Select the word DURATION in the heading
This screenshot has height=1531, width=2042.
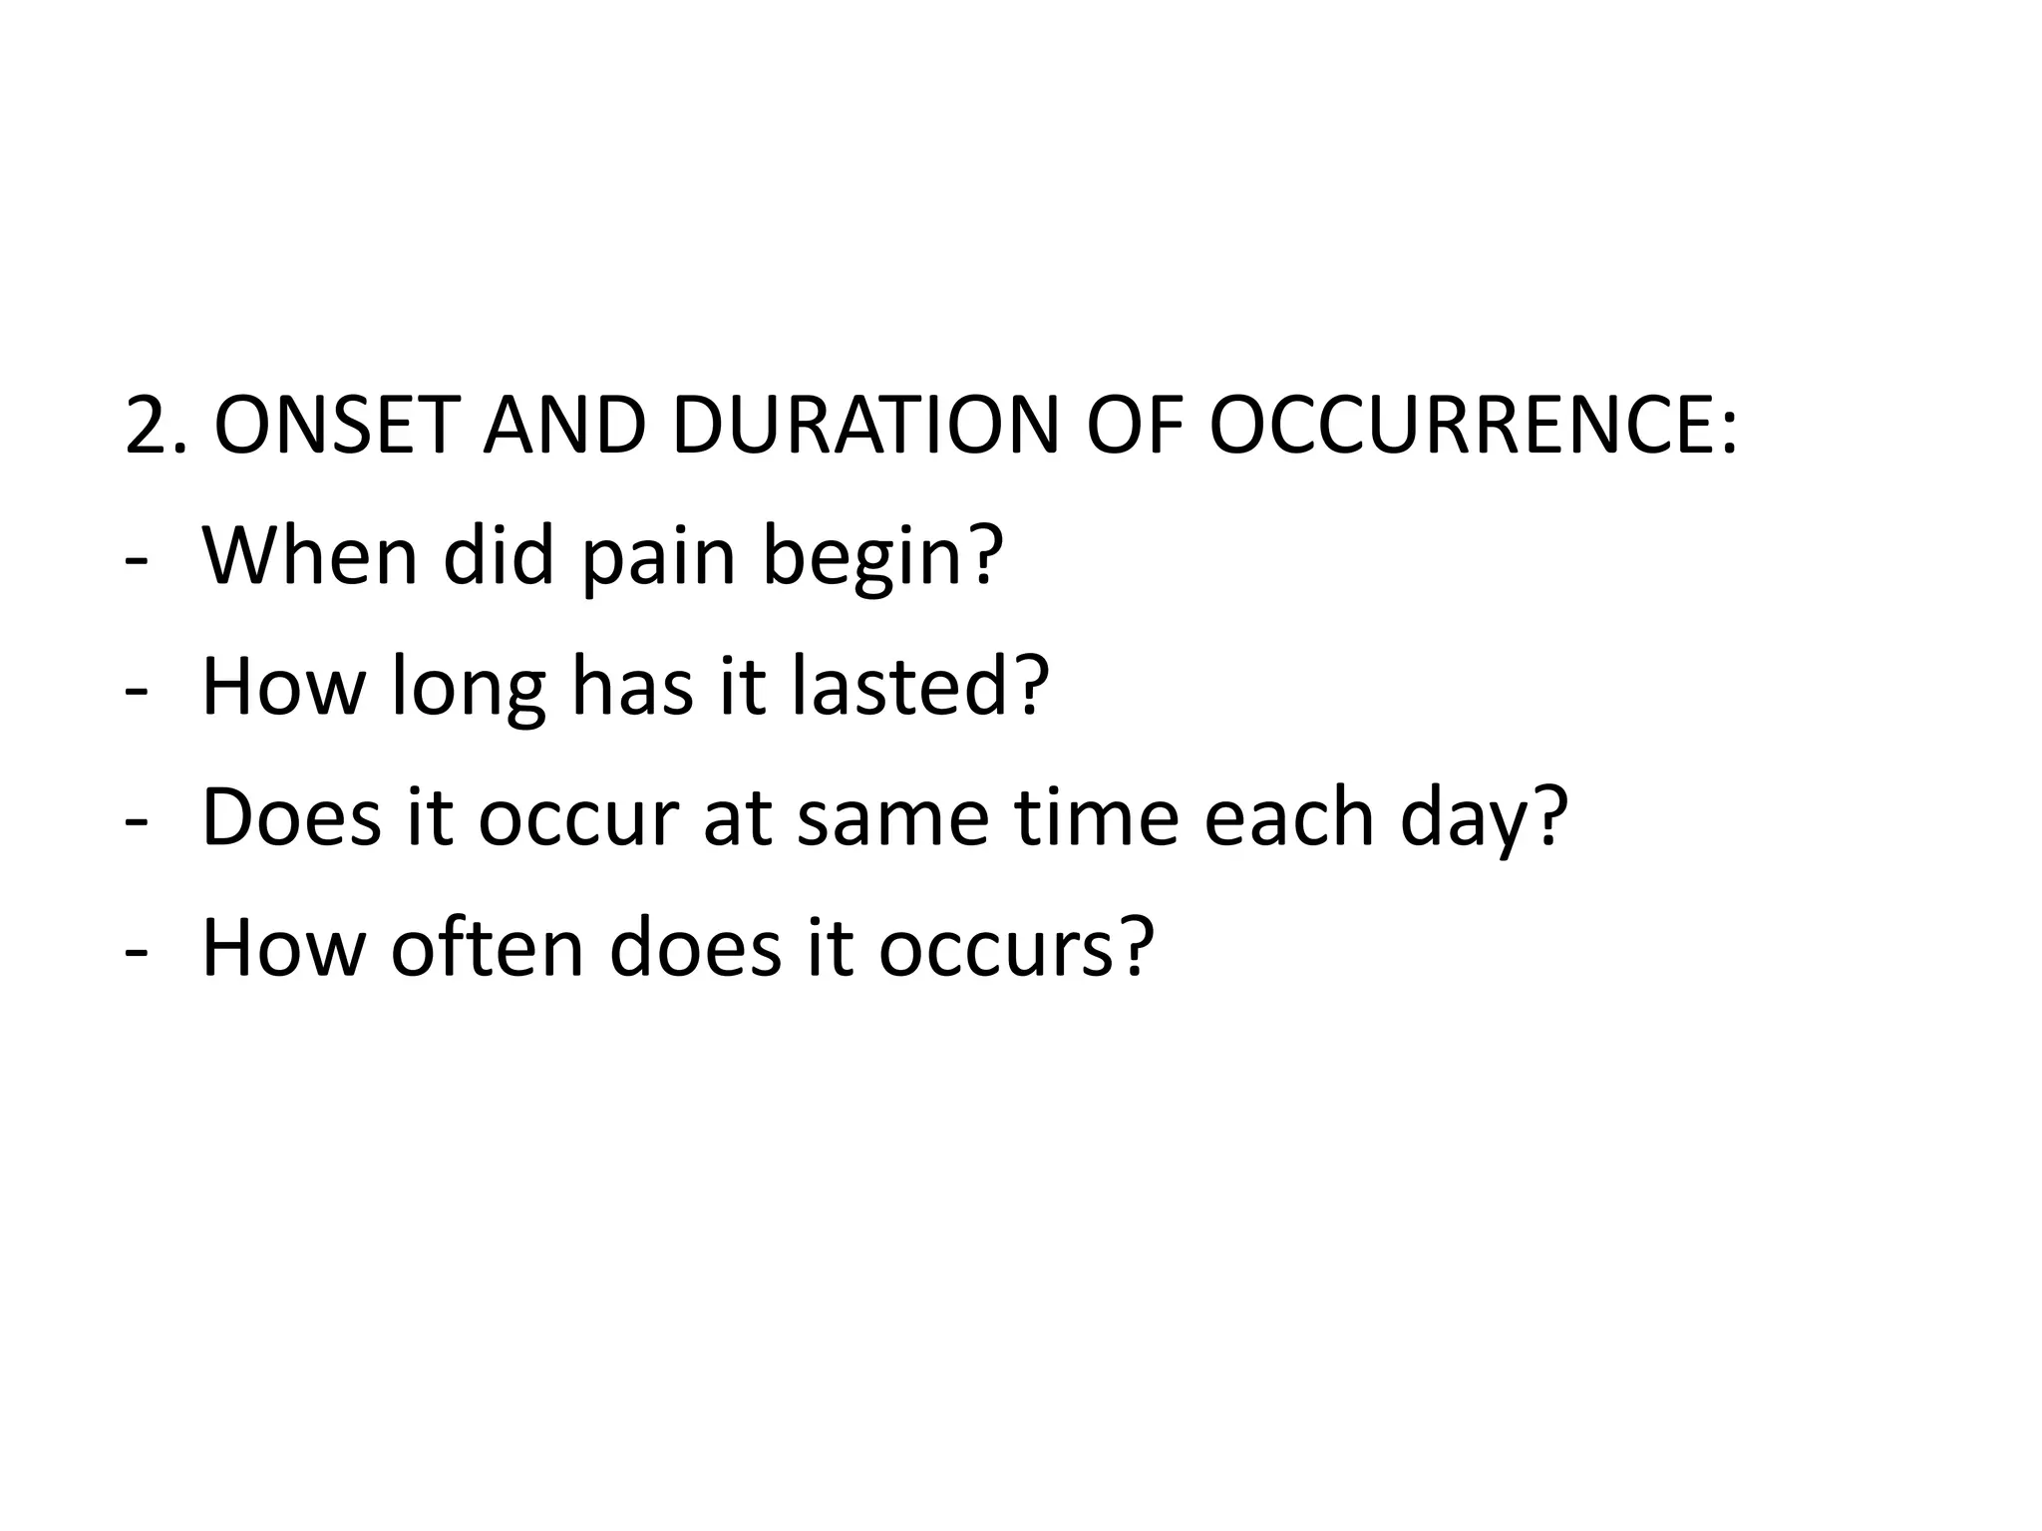[x=865, y=426]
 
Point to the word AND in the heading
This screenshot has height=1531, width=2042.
[x=563, y=426]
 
